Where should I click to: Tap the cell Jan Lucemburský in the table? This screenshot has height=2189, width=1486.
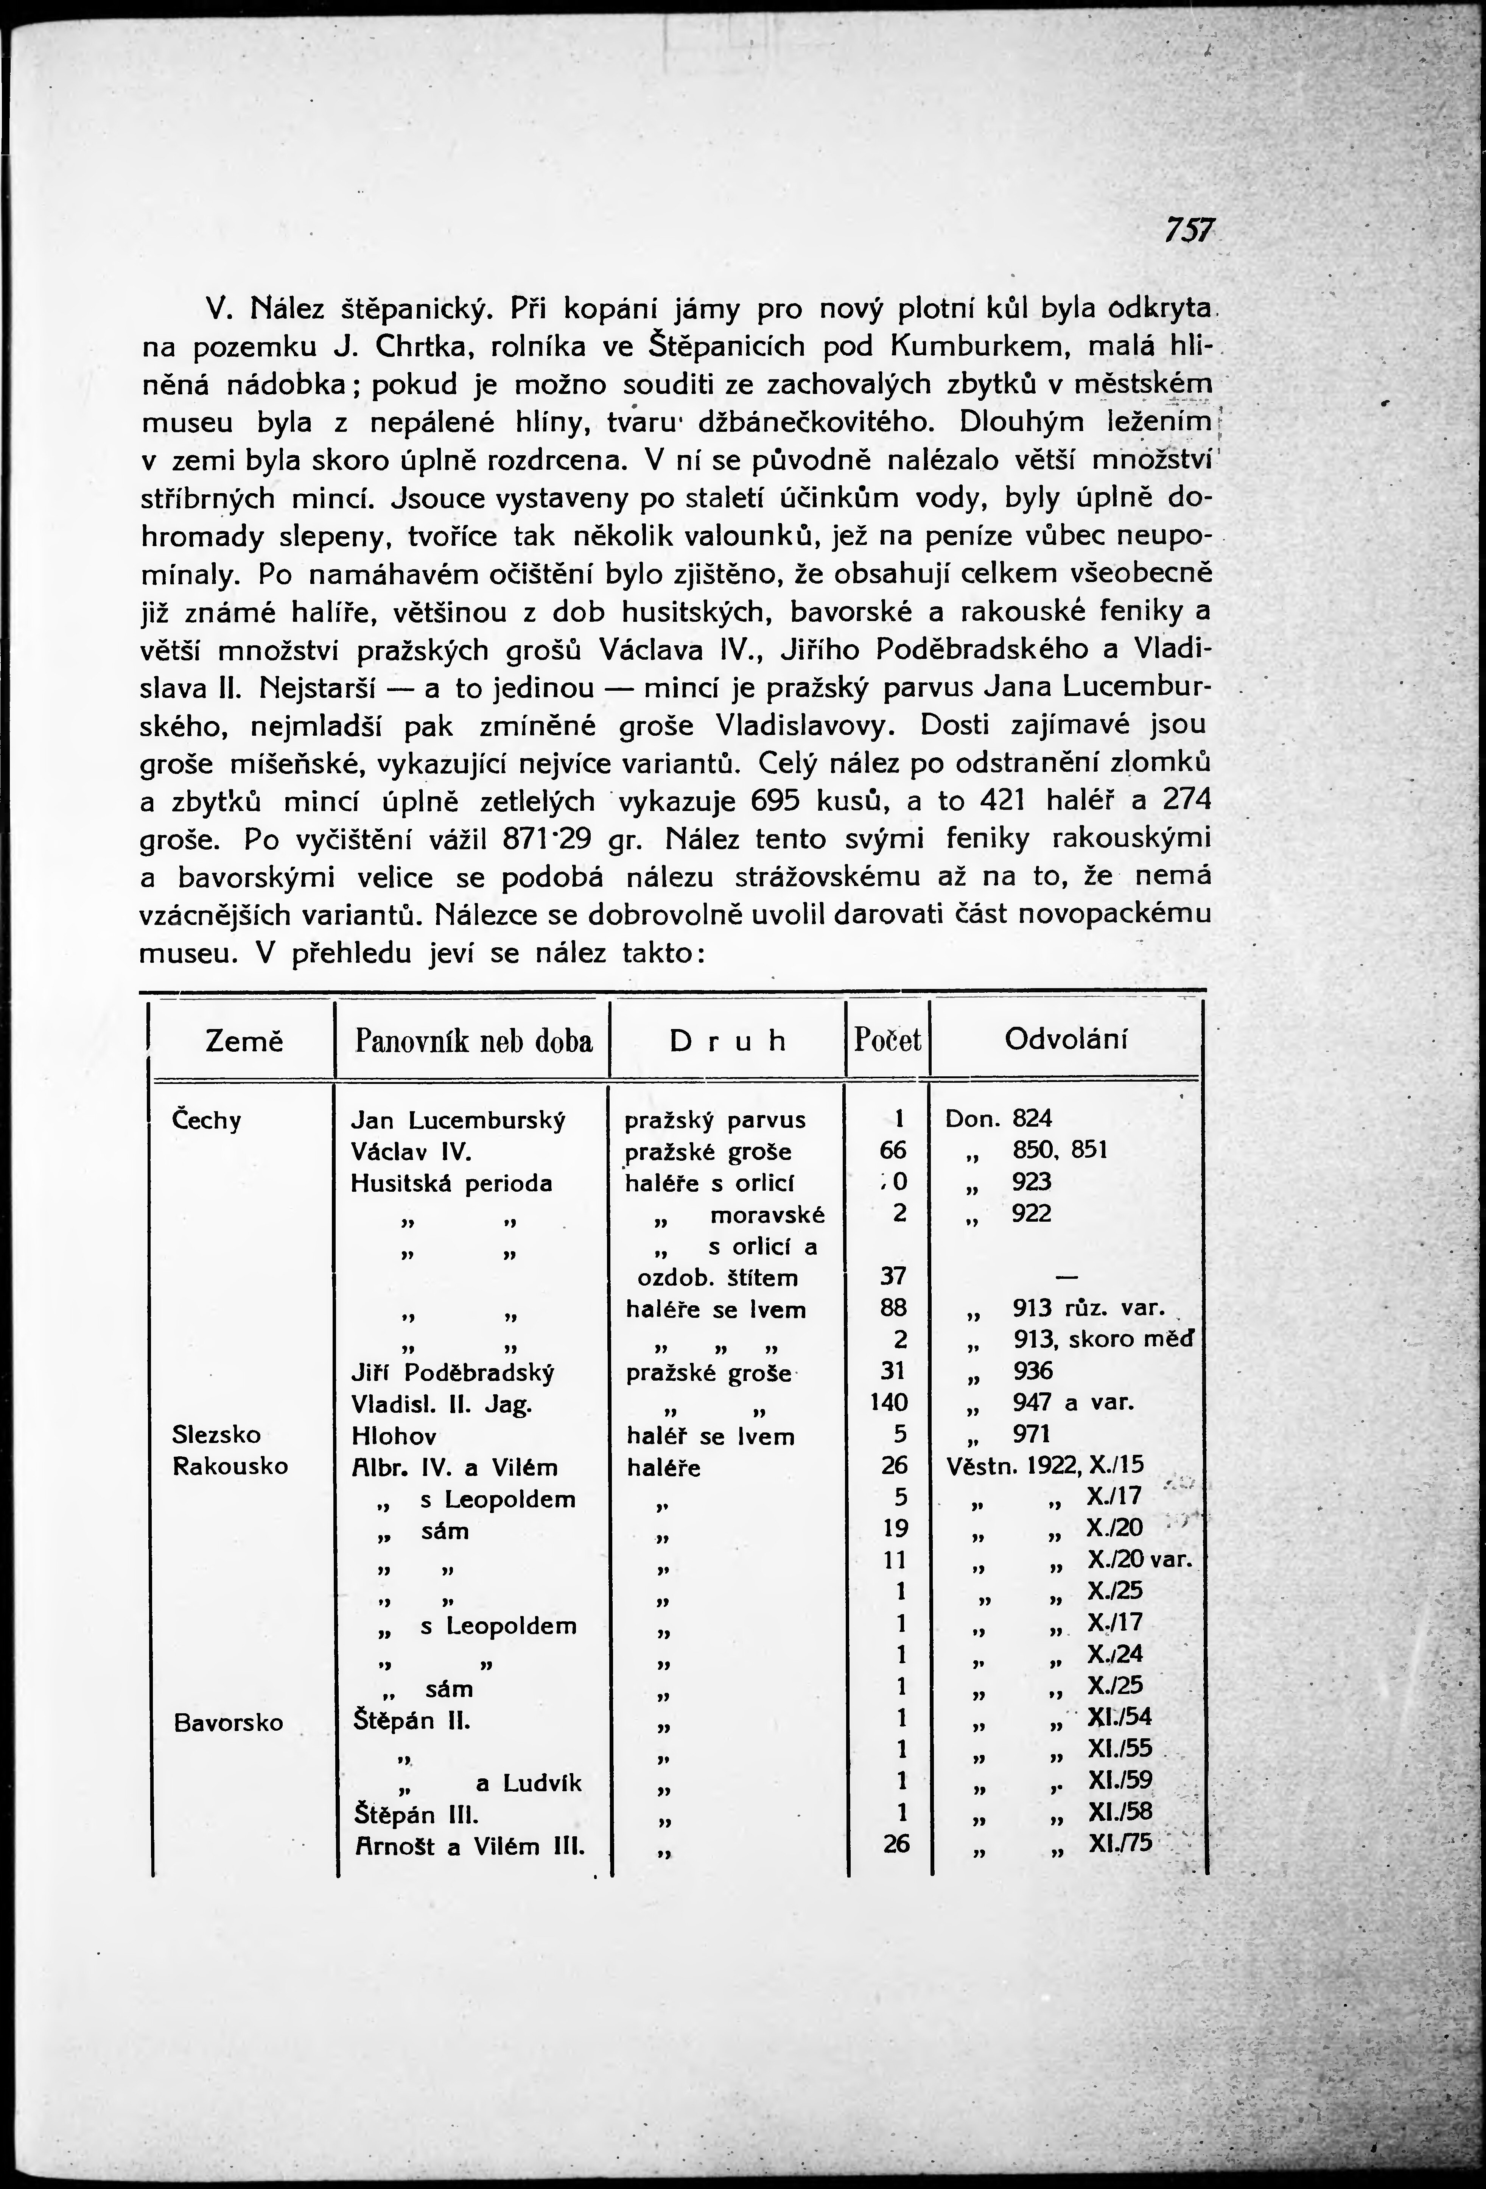tap(457, 1121)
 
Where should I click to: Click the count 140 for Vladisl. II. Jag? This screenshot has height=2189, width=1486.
tap(891, 1403)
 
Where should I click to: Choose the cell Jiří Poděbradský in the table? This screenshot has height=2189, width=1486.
tap(452, 1372)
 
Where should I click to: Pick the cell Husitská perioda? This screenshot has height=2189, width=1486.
tap(451, 1183)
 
